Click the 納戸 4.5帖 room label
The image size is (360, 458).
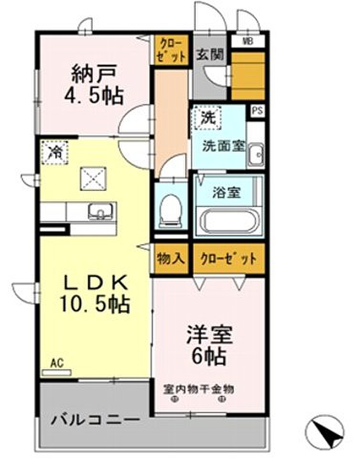pyautogui.click(x=94, y=85)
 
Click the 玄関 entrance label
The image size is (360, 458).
pyautogui.click(x=210, y=54)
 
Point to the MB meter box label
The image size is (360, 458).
pyautogui.click(x=248, y=42)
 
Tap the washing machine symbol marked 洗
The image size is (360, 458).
pyautogui.click(x=208, y=118)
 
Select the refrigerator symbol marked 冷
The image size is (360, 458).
pyautogui.click(x=54, y=152)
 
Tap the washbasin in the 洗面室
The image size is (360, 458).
pyautogui.click(x=256, y=155)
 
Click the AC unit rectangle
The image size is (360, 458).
pyautogui.click(x=57, y=373)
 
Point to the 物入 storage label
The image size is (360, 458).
pyautogui.click(x=171, y=259)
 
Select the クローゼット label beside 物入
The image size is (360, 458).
pyautogui.click(x=229, y=259)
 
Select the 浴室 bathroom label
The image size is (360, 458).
pyautogui.click(x=227, y=193)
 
